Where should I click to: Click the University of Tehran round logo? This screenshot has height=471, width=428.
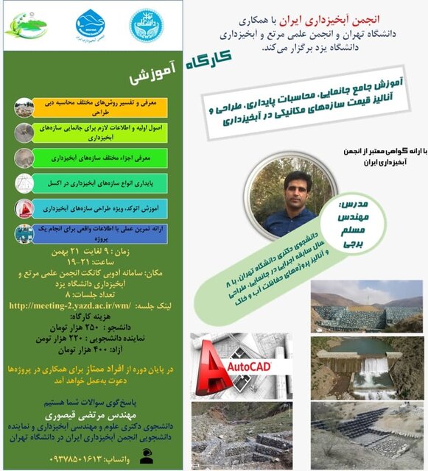click(143, 24)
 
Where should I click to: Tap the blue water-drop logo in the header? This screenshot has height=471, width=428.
click(91, 26)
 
